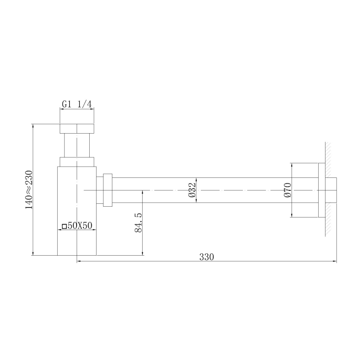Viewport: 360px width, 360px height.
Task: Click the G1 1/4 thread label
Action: pyautogui.click(x=77, y=104)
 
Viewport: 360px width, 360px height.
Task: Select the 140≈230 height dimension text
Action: pyautogui.click(x=29, y=189)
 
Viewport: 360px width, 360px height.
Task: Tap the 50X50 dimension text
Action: pyautogui.click(x=80, y=226)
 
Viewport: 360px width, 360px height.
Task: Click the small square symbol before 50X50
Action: pyautogui.click(x=64, y=226)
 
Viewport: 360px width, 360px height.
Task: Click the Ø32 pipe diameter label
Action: pyautogui.click(x=192, y=190)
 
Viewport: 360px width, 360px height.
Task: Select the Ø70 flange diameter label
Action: pyautogui.click(x=287, y=190)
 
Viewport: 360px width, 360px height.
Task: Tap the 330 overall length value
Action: pyautogui.click(x=207, y=257)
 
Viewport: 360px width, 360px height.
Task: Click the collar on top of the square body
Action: pyautogui.click(x=77, y=162)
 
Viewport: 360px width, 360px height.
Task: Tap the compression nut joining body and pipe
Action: pyautogui.click(x=108, y=190)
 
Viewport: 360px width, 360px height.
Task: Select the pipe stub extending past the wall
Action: pyautogui.click(x=333, y=190)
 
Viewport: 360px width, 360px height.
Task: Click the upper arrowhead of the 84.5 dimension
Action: pyautogui.click(x=143, y=192)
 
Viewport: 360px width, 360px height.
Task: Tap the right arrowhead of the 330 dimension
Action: pyautogui.click(x=334, y=262)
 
